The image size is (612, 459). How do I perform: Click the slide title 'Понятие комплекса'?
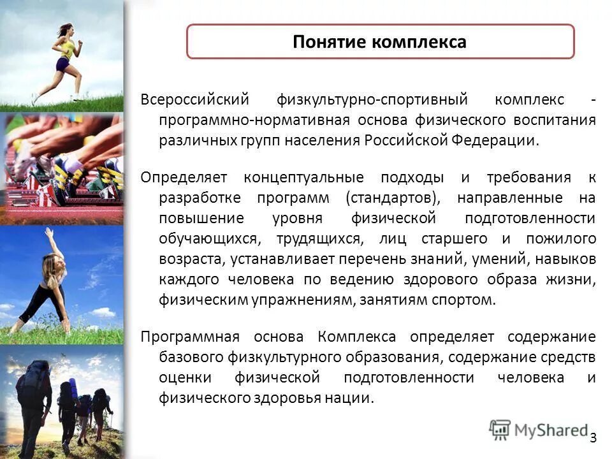tap(379, 42)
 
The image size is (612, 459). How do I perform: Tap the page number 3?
tap(593, 437)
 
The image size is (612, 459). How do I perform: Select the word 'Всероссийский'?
tap(185, 100)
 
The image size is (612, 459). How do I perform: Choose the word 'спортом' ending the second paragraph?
tap(469, 300)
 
